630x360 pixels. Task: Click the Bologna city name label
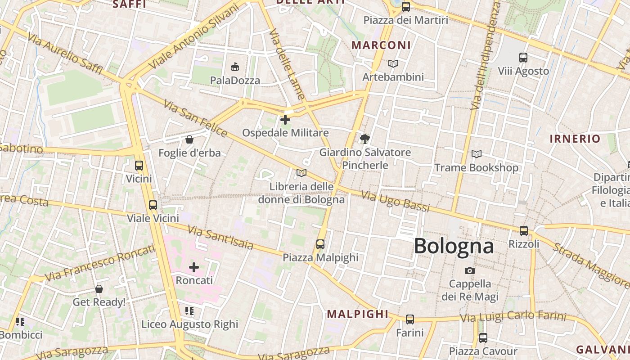454,246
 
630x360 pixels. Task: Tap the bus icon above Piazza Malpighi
320,244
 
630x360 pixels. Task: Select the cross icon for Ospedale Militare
285,120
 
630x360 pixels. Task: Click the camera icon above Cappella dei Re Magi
470,270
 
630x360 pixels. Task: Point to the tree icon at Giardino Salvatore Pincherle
365,139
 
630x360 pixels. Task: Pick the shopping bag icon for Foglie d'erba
189,139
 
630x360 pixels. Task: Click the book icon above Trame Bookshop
477,154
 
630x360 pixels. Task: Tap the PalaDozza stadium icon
234,67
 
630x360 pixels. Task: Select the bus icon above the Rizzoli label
524,230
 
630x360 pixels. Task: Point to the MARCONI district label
381,45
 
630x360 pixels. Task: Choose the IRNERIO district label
575,139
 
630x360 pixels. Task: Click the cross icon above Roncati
194,267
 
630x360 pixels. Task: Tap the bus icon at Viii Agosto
523,58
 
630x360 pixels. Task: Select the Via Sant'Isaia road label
220,238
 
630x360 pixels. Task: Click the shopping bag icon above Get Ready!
99,289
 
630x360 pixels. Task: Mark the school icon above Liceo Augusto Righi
189,311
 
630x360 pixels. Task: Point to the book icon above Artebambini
393,64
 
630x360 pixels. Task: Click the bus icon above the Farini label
410,319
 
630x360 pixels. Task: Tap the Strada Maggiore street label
590,265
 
